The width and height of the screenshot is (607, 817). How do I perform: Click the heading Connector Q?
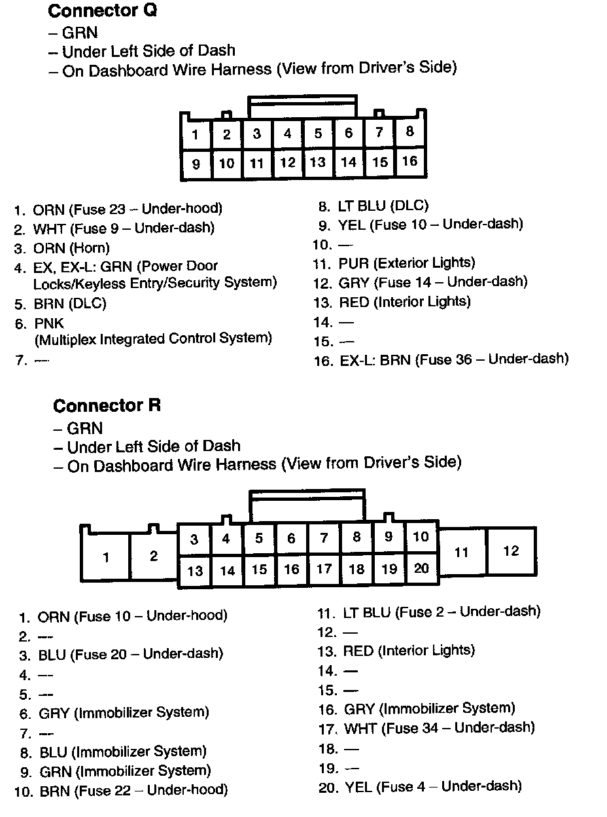click(x=103, y=11)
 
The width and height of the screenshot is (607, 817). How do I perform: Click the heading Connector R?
click(x=107, y=406)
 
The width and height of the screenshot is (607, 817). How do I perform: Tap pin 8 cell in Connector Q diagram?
click(x=409, y=132)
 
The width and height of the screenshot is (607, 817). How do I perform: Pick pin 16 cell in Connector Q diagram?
click(x=409, y=161)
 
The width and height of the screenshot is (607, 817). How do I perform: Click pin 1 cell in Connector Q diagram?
click(x=196, y=136)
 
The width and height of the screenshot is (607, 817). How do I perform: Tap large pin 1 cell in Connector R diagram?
click(x=106, y=558)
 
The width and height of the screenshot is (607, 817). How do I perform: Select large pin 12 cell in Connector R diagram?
click(x=511, y=551)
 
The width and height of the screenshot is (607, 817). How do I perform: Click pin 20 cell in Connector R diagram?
click(x=421, y=568)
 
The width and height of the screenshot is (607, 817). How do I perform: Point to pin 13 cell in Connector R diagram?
click(x=195, y=571)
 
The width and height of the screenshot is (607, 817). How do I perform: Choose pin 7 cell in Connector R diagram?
click(x=324, y=539)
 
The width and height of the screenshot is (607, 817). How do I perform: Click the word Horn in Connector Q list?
click(x=93, y=248)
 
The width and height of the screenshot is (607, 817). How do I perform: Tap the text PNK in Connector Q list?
click(x=49, y=323)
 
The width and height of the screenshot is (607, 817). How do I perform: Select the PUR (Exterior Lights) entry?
click(x=406, y=263)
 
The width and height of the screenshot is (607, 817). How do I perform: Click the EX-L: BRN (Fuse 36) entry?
click(x=454, y=359)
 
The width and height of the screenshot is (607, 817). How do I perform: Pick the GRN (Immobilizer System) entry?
click(x=125, y=771)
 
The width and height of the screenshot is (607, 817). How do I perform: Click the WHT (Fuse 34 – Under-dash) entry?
click(x=439, y=727)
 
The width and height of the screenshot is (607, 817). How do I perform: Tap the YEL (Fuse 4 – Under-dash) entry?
click(x=432, y=786)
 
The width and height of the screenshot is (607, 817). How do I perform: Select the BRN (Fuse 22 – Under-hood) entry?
click(x=133, y=791)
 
